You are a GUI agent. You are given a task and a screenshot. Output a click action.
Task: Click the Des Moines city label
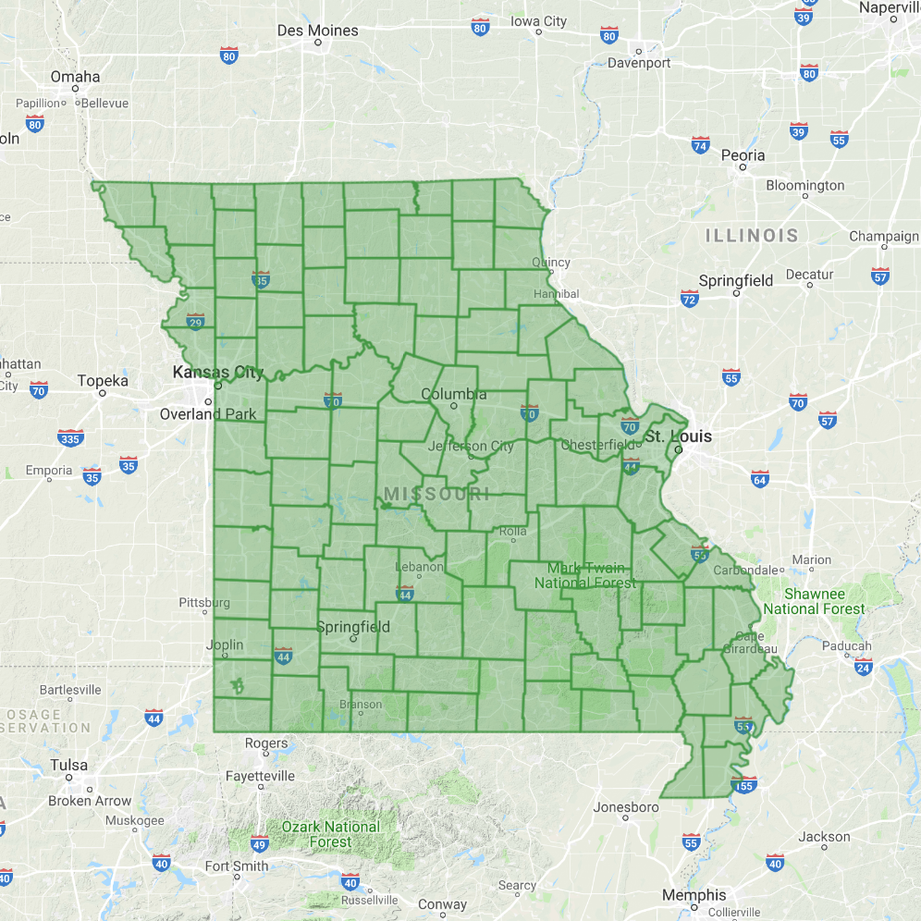tap(317, 31)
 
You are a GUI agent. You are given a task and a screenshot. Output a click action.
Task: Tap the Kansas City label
tap(218, 373)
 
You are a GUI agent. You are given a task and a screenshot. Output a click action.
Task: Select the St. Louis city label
tap(679, 436)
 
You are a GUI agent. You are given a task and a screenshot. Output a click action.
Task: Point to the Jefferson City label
tap(471, 446)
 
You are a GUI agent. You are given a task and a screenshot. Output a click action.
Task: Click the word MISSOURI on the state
tap(436, 495)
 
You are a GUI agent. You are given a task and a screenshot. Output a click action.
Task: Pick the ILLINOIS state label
tap(752, 236)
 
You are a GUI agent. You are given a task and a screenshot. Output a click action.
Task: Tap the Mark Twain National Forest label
tap(585, 575)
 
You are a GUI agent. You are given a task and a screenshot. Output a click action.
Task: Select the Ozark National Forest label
tap(330, 834)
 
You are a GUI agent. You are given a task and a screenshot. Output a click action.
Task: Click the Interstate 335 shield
tap(70, 437)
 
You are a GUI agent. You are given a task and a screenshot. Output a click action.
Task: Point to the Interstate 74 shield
tap(701, 145)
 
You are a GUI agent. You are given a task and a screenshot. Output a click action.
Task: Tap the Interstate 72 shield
tap(689, 299)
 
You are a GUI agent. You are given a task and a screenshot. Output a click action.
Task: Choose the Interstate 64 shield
tap(760, 478)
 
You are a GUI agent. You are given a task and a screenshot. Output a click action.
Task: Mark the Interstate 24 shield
tap(864, 667)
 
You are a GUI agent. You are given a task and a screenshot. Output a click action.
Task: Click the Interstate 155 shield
tap(744, 785)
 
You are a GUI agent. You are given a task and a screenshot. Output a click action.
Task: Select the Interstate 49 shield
tap(260, 843)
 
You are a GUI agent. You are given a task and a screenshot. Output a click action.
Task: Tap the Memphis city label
tap(694, 895)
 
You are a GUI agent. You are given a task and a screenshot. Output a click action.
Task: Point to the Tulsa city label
tap(69, 765)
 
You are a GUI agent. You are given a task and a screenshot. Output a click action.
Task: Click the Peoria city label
tap(743, 155)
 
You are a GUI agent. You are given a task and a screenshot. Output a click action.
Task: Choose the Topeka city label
tap(103, 380)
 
